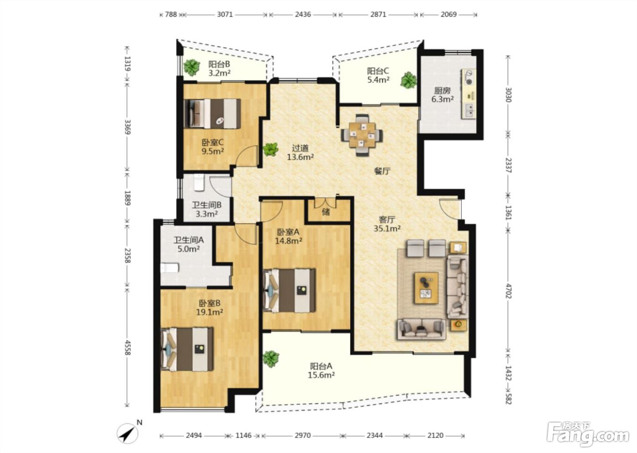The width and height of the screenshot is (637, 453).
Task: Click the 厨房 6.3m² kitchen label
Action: (442, 95)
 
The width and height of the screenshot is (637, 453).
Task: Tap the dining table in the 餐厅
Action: (362, 135)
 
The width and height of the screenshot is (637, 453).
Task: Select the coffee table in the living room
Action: (426, 288)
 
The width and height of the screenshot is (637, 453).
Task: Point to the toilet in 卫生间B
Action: (199, 182)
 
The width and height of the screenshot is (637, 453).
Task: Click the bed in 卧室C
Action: (212, 113)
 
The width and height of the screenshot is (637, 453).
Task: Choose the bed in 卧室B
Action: (187, 349)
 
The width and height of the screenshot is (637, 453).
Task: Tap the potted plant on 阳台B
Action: (192, 67)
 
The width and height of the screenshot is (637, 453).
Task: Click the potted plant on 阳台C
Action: (409, 80)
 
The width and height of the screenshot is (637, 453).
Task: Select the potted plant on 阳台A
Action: (271, 359)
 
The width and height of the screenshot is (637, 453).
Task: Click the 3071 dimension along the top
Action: (225, 14)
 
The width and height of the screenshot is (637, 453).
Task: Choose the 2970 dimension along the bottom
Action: (302, 435)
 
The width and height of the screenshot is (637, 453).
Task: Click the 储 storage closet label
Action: (326, 212)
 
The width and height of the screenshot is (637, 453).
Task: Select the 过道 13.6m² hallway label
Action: (300, 153)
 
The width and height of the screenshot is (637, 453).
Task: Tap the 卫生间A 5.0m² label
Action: (189, 244)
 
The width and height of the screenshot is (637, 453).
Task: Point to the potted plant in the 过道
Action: (270, 149)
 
